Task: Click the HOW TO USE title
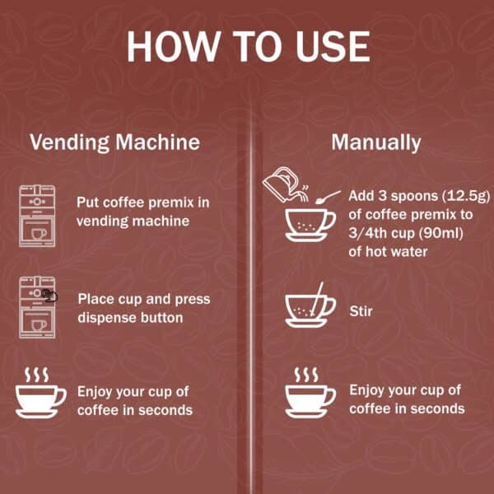click(x=247, y=47)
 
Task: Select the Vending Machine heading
click(x=114, y=142)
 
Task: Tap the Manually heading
click(x=375, y=142)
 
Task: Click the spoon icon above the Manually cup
click(x=329, y=197)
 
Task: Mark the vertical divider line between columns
click(x=251, y=313)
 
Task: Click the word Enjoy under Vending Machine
click(x=96, y=391)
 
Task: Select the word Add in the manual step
click(x=361, y=197)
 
